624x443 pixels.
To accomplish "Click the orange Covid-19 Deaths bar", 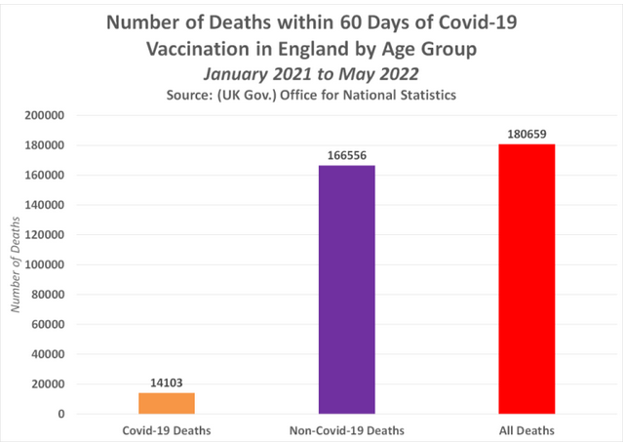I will coord(167,403).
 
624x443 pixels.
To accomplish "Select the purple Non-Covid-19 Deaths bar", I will coord(346,290).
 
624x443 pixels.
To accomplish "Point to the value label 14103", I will coord(167,383).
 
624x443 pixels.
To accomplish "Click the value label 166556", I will coord(346,156).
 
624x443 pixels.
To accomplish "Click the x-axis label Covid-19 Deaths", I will coord(167,428).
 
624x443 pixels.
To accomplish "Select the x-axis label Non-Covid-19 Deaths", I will coord(346,428).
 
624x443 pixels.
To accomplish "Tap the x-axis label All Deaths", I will coord(526,428).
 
